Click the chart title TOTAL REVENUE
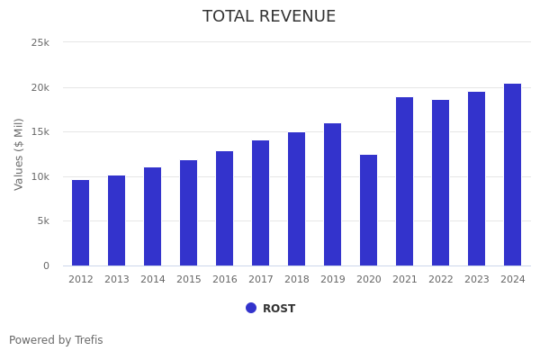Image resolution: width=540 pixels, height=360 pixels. coord(269,17)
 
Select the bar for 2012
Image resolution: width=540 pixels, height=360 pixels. coord(81,223)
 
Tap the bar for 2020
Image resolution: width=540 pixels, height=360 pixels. coord(369,211)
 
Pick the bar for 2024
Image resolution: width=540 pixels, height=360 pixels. coord(513,175)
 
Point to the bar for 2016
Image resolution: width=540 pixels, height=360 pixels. coord(225,209)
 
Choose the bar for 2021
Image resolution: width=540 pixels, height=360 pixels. coord(405,182)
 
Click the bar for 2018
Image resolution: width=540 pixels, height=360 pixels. coord(297,199)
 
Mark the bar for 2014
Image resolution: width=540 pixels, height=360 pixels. coord(153,217)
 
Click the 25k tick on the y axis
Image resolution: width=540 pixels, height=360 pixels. coord(40,42)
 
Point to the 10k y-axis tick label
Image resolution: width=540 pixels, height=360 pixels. coord(40,176)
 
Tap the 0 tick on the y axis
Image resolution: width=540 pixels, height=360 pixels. coord(46,265)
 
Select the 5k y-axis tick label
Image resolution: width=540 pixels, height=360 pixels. coord(42,220)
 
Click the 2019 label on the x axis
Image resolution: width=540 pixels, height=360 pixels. coord(333,280)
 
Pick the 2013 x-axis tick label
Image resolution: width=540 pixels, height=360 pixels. coord(117,280)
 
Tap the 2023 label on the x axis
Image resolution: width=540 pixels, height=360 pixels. coord(477,280)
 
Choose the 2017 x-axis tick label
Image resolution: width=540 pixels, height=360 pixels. coord(261,280)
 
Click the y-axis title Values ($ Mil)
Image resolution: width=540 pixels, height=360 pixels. coord(19,154)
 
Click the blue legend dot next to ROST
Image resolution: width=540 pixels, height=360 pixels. coord(251,308)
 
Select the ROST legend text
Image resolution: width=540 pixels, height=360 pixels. coord(279,309)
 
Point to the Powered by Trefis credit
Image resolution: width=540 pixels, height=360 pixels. coord(56,340)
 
